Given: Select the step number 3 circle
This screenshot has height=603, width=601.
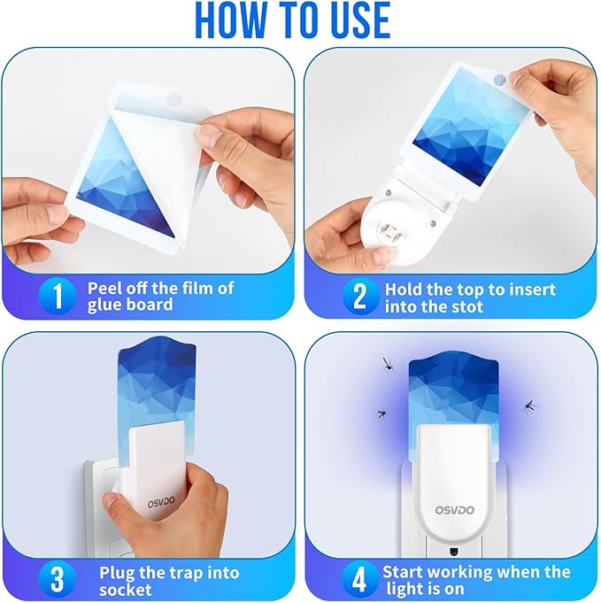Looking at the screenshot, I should [58, 580].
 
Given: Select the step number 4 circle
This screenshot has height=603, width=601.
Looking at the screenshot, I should [358, 580].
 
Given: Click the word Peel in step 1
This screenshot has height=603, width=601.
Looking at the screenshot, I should [104, 288].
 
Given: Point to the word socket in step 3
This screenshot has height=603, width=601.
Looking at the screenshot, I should [125, 590].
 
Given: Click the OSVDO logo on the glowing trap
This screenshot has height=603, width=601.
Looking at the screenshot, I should [455, 509].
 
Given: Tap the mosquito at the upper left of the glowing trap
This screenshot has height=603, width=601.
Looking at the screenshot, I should [387, 363].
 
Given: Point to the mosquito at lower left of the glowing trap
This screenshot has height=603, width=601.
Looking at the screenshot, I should [382, 413].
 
